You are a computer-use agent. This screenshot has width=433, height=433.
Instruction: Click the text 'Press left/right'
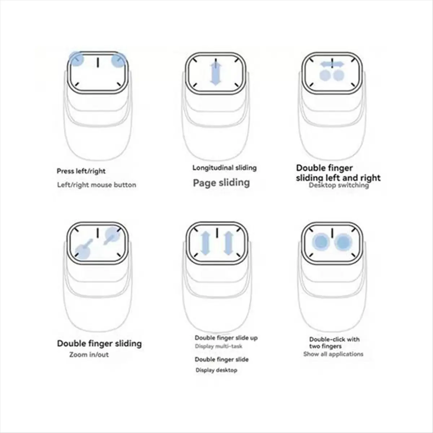[x=81, y=171]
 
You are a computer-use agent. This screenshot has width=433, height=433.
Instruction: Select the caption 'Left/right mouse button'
[x=97, y=185]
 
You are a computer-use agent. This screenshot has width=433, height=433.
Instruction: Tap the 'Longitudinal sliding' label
[x=224, y=167]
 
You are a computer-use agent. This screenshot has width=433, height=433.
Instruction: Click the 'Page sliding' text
[x=221, y=183]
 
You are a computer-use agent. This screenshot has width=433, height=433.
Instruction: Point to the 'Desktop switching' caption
[x=339, y=185]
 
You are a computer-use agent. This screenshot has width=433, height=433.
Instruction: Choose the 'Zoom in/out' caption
[x=89, y=354]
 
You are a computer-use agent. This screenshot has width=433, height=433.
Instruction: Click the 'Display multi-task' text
[x=219, y=346]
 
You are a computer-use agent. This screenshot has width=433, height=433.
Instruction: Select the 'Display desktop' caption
[x=216, y=370]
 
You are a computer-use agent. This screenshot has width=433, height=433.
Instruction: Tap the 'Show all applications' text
[x=333, y=354]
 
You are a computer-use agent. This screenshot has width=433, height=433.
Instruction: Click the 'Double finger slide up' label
[x=226, y=338]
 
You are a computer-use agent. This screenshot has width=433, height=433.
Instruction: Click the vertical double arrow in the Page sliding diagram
[x=215, y=73]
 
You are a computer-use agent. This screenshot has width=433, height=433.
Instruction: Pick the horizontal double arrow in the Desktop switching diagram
[x=332, y=64]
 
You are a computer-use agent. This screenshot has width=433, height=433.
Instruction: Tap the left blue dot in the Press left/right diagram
[x=76, y=59]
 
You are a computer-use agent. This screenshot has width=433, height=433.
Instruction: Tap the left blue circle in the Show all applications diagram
[x=321, y=241]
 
